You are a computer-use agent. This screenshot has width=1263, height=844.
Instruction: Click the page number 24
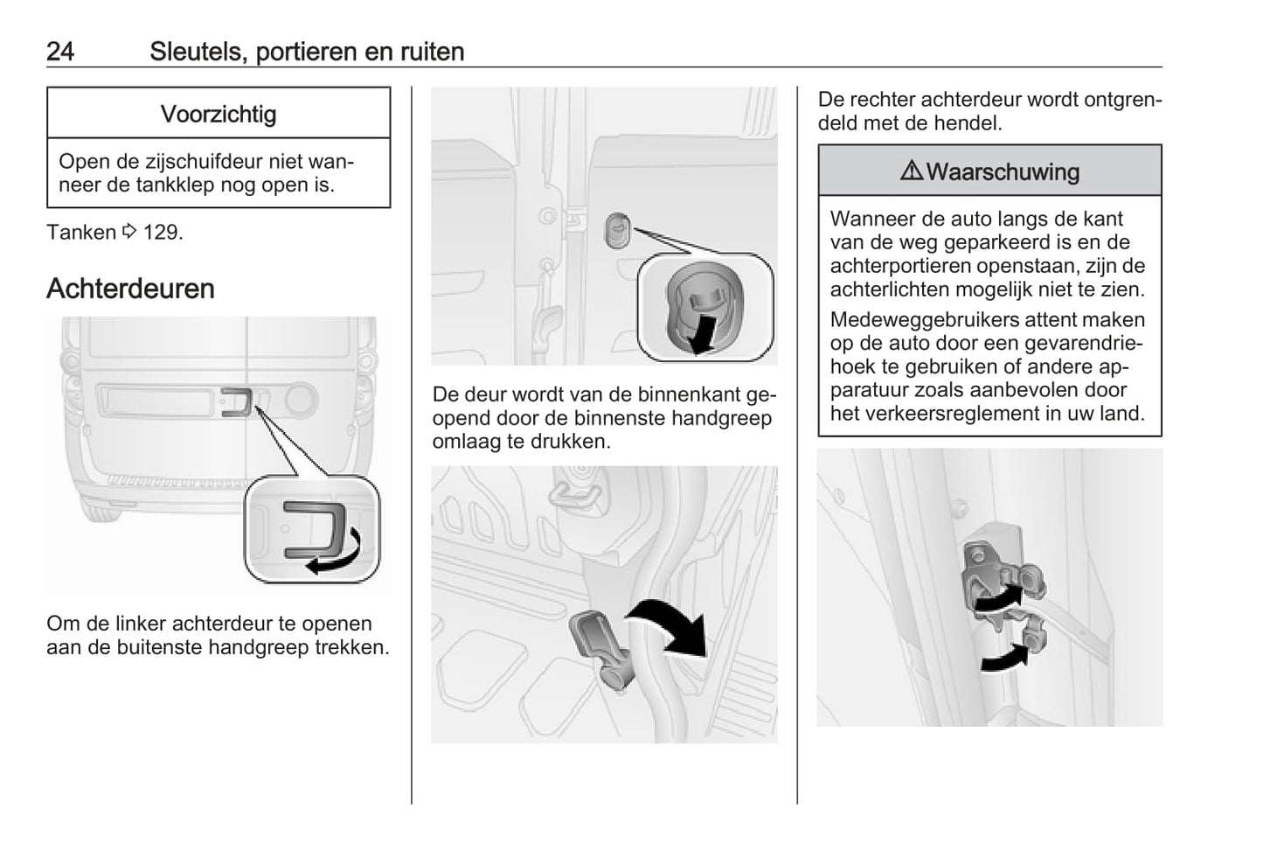pos(60,52)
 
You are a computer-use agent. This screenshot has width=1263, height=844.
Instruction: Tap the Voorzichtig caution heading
pos(219,115)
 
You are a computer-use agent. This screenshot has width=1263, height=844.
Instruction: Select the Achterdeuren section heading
pos(130,289)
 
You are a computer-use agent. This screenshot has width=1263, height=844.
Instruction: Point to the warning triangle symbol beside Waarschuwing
pos(911,171)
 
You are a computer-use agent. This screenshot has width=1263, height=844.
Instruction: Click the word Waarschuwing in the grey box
pos(1003,171)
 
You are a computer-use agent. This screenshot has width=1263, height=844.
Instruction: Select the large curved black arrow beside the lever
pos(673,626)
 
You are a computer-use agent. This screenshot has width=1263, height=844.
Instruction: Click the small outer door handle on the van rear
pos(237,401)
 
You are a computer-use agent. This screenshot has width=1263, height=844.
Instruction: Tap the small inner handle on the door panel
pos(617,229)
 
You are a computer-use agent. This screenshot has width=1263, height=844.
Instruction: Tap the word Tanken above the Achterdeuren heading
pos(80,233)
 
